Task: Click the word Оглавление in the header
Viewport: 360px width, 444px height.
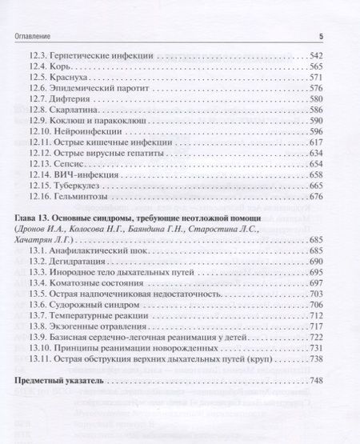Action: (x=30, y=36)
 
